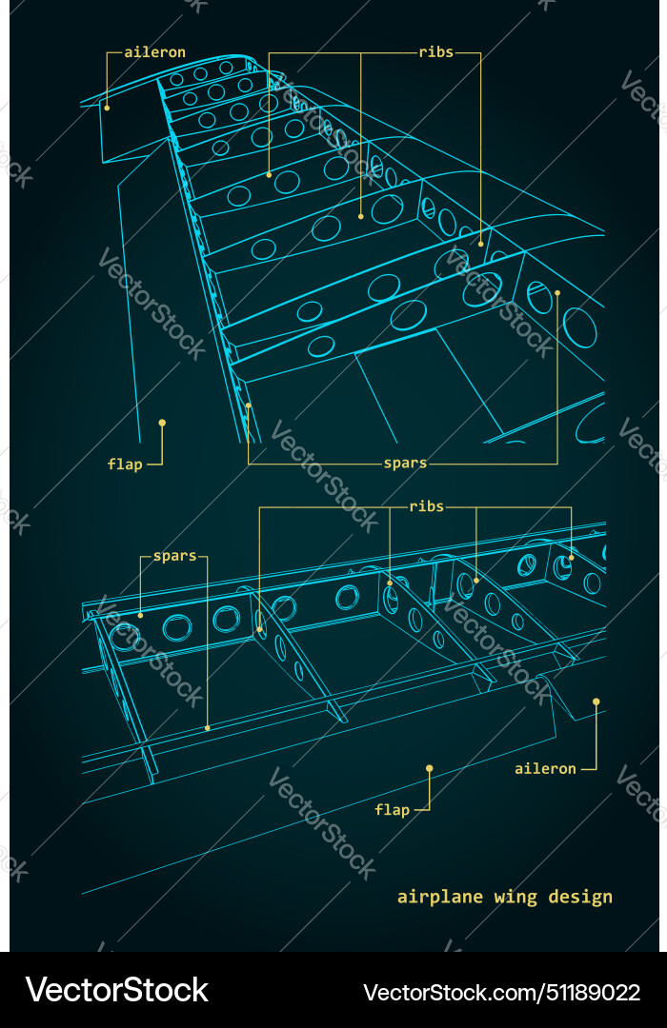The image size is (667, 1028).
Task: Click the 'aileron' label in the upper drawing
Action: (x=154, y=52)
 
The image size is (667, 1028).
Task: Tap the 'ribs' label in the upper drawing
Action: (x=435, y=52)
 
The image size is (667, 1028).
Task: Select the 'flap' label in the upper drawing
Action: (x=125, y=465)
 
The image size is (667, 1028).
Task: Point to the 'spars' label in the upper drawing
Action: (x=405, y=464)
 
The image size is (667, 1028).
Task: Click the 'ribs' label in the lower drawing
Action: (x=426, y=506)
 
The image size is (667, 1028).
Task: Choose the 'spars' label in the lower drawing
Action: (x=174, y=556)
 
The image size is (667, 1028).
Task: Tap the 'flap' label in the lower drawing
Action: (x=392, y=810)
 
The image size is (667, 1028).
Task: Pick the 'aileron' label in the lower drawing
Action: (x=545, y=768)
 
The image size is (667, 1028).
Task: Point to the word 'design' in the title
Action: (x=581, y=897)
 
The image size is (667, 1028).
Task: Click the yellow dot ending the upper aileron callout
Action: (x=107, y=108)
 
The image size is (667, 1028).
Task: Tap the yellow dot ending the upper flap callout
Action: (x=162, y=422)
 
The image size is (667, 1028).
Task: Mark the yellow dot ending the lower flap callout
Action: (x=430, y=767)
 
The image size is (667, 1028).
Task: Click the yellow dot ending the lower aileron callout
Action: (x=596, y=702)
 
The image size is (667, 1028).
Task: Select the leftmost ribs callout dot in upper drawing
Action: (x=269, y=174)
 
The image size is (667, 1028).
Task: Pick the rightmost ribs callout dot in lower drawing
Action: (x=572, y=558)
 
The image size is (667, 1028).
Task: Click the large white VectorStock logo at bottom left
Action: (x=116, y=990)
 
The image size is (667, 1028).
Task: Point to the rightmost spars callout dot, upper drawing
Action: (x=557, y=293)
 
